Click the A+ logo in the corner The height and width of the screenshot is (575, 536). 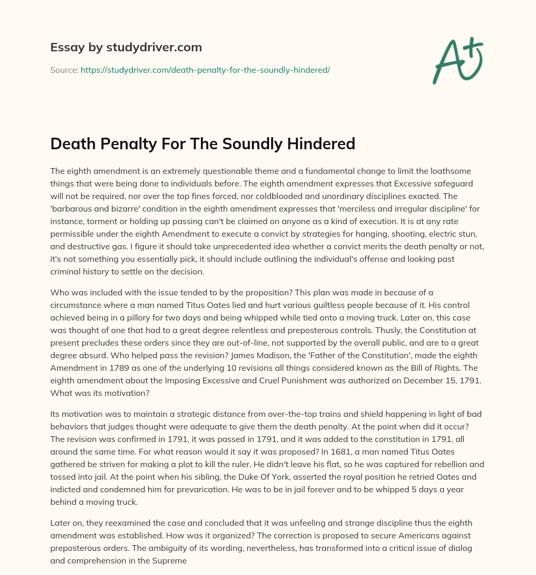point(457,61)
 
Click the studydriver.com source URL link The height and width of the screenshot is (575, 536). point(205,70)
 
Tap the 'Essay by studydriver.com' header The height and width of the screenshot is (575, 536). point(126,47)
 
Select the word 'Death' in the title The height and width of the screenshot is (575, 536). point(71,143)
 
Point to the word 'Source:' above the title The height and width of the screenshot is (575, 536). point(64,70)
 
